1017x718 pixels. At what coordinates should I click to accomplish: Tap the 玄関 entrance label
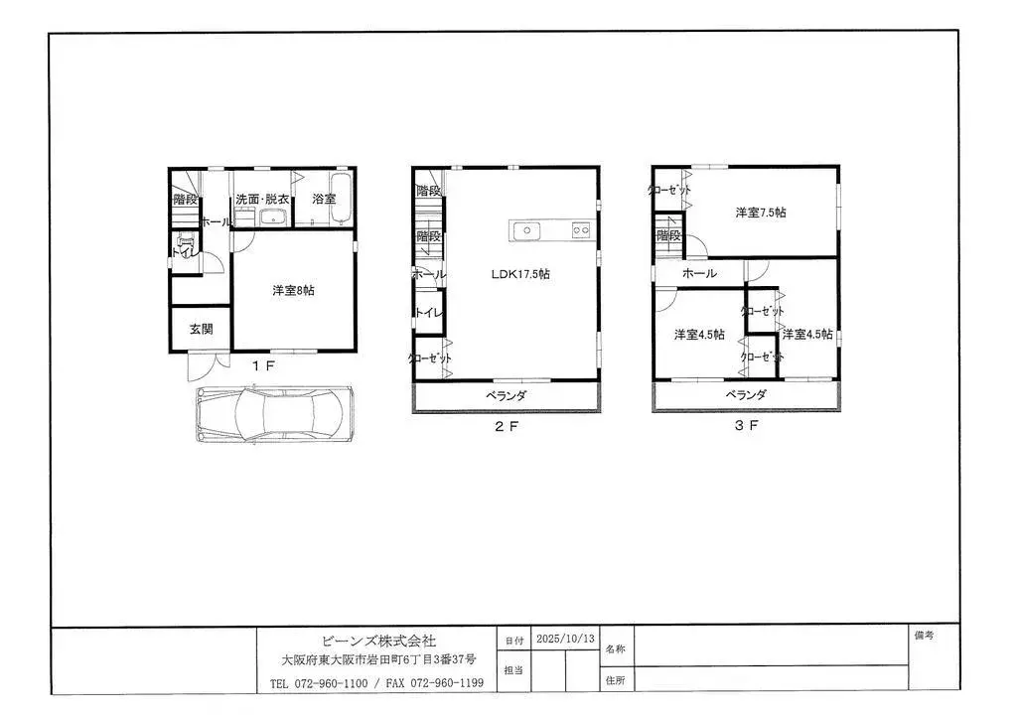click(202, 329)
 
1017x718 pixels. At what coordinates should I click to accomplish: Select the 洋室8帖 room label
click(294, 291)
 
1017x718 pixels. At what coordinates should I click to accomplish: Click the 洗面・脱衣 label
click(262, 200)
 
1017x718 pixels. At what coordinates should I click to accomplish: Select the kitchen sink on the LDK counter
click(524, 230)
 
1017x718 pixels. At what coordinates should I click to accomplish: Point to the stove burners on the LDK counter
click(580, 230)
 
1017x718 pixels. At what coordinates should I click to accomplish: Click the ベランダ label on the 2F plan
click(506, 396)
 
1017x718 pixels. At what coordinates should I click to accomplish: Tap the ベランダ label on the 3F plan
click(746, 395)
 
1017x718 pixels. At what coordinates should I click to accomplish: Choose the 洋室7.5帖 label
click(761, 213)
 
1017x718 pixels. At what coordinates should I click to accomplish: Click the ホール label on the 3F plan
click(699, 273)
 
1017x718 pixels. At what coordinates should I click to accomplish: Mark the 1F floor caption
click(262, 365)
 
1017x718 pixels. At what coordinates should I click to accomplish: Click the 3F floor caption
click(746, 427)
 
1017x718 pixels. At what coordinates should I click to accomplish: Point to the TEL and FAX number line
click(376, 683)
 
